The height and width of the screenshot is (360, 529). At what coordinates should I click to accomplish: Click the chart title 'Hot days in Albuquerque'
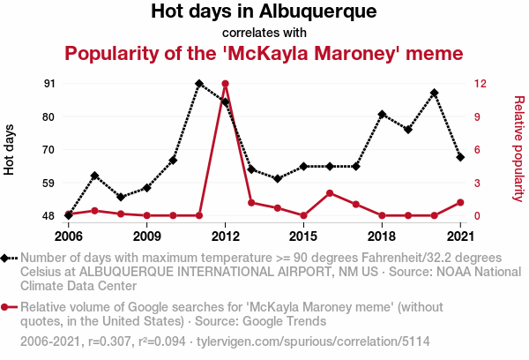coord(264,12)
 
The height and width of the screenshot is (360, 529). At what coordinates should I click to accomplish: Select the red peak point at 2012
coord(226,84)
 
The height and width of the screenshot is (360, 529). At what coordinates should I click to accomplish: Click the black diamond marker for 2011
coord(199,84)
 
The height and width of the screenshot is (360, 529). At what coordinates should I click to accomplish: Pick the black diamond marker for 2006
coord(69,215)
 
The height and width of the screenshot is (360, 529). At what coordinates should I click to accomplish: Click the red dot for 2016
coord(330,193)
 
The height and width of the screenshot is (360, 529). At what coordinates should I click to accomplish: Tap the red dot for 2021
coord(460,202)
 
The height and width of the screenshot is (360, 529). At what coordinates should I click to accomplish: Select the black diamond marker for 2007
coord(95,176)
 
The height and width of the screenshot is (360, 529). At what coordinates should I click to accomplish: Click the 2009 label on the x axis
coord(147,236)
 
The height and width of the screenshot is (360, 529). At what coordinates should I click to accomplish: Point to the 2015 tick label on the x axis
coord(303,236)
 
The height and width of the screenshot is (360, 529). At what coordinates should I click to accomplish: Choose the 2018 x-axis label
coord(382,236)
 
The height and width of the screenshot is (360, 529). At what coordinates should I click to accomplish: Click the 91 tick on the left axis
coord(48,84)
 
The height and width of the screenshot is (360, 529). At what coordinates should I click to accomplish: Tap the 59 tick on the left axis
coord(48,183)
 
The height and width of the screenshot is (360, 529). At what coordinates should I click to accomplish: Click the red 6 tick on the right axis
coord(477,150)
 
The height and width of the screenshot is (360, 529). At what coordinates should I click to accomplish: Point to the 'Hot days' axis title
coord(10,149)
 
